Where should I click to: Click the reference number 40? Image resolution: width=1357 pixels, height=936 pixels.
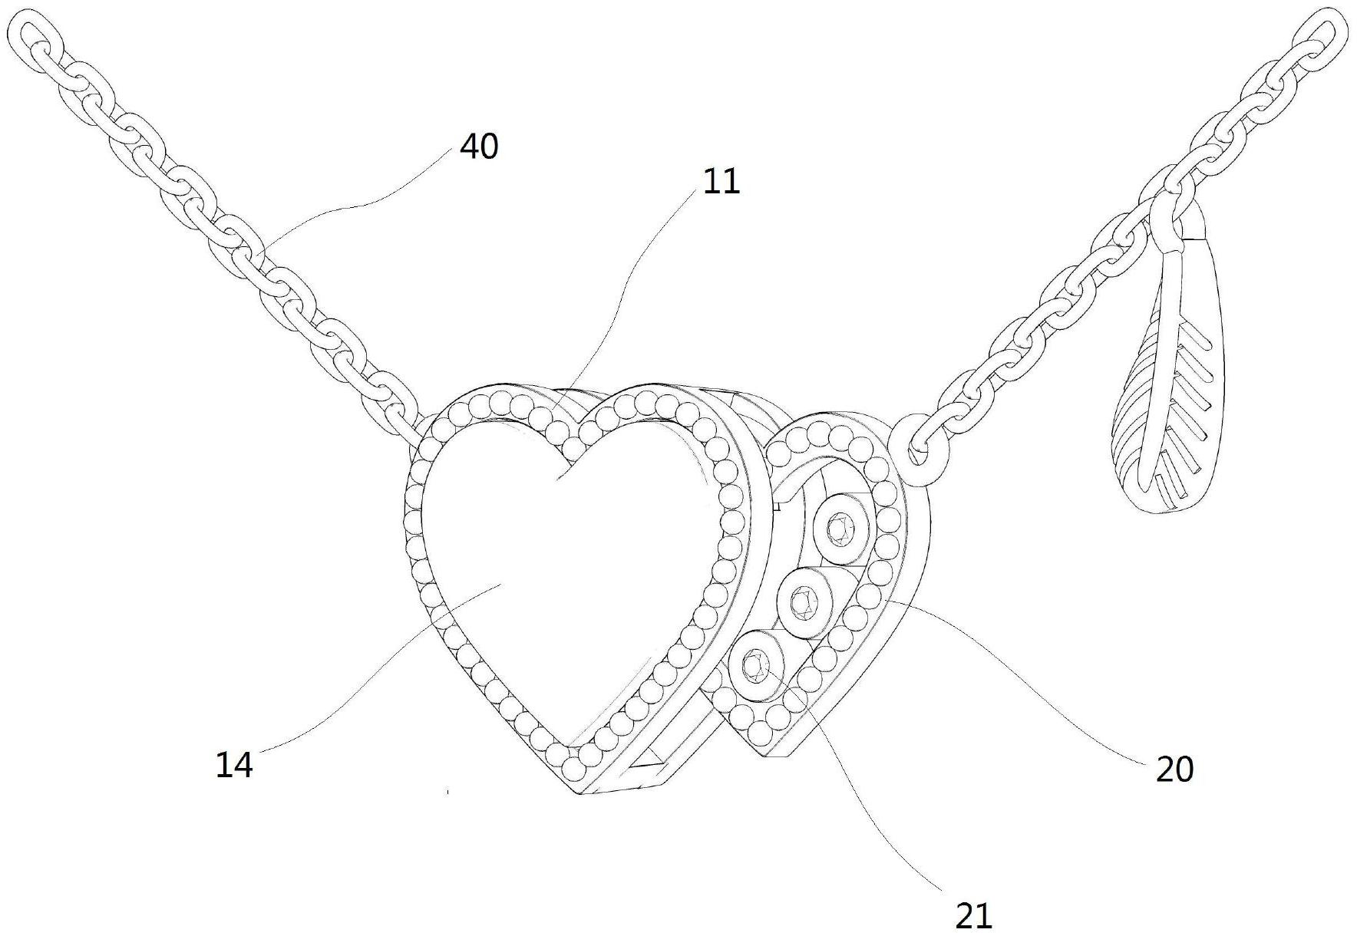tap(479, 146)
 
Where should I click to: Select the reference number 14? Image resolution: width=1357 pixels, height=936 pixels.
tap(234, 765)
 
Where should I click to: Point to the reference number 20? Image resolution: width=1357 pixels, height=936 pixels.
tap(1174, 769)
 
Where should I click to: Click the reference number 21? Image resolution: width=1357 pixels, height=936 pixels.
tap(974, 915)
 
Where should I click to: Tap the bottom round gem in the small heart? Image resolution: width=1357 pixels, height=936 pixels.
tap(755, 664)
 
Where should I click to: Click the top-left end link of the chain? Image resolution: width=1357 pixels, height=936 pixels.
tap(35, 37)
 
